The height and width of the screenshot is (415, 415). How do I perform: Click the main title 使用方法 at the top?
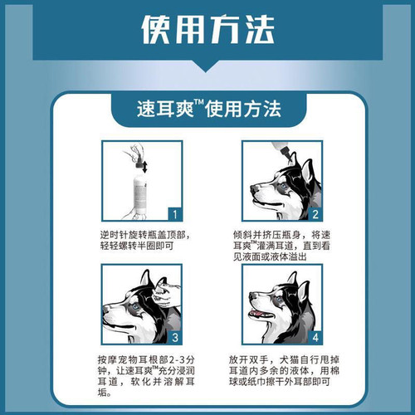(207, 32)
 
